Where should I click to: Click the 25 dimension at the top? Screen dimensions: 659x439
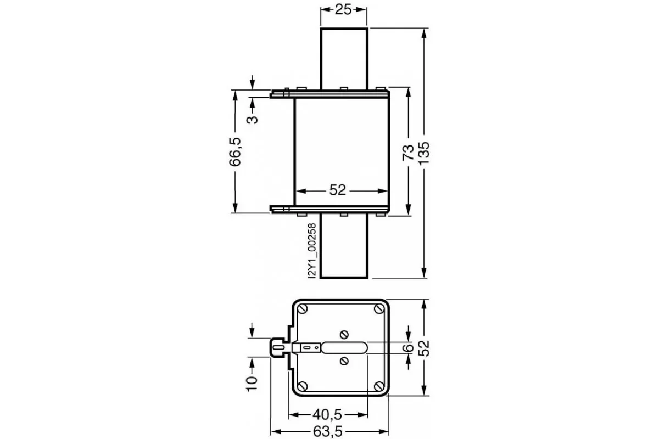pos(343,10)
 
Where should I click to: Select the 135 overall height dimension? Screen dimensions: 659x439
pos(424,153)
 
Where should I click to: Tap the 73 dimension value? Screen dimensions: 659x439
pos(408,153)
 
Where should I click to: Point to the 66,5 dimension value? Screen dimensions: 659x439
pos(235,151)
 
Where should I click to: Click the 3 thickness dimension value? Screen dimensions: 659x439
pos(252,120)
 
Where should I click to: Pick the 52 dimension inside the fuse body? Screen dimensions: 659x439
pos(337,190)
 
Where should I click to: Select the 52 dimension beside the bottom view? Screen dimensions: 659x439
pos(424,348)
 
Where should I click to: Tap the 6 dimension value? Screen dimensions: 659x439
pos(408,348)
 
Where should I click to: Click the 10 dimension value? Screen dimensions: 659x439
pos(252,383)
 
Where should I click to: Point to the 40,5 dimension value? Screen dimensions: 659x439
pos(327,415)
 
